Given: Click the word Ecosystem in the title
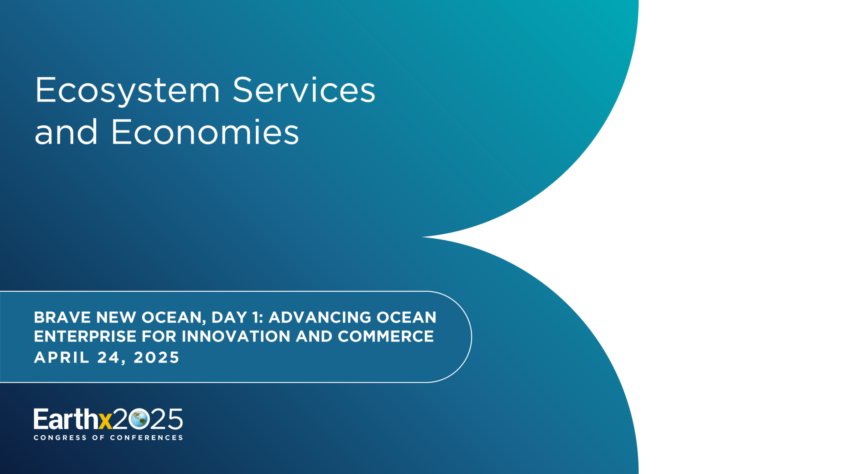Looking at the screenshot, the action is coord(127,91).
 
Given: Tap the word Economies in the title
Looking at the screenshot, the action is coord(205,132).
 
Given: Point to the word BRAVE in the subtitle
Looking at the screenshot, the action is coord(62,317).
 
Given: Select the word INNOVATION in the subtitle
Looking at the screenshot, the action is coord(236,336).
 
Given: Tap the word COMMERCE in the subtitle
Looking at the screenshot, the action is coord(386,336).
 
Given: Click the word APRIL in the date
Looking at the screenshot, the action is coord(62,357).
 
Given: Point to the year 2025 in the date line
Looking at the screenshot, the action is coord(157,357).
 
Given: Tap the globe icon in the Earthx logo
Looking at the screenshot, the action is coord(139,419).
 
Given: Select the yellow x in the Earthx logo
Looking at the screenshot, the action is coord(105,421).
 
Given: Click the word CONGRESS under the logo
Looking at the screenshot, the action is coord(60,437).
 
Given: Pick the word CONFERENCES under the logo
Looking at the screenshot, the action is coord(146,437).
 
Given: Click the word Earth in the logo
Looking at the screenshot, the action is coord(66,419).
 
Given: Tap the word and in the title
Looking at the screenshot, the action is coord(66,132).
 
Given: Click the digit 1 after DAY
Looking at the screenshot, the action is coord(255,317).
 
